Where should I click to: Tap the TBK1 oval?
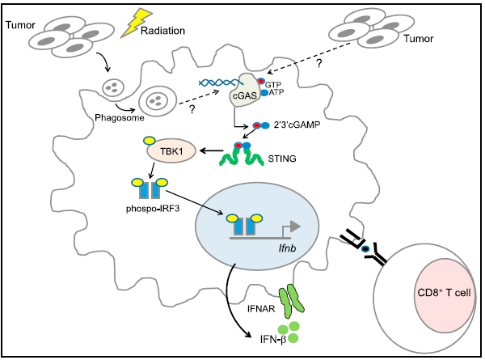click(x=170, y=150)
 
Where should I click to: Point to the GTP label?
click(x=276, y=83)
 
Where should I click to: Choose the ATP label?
click(x=276, y=94)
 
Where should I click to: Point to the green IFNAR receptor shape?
click(x=290, y=297)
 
